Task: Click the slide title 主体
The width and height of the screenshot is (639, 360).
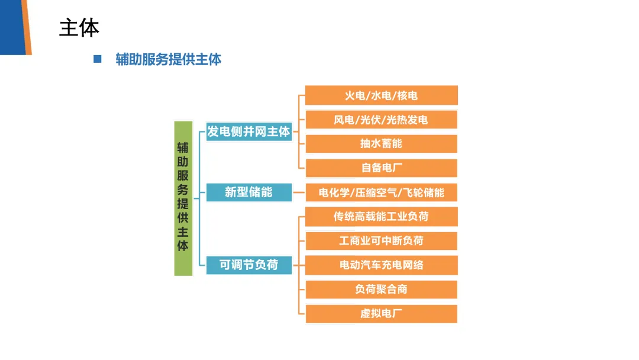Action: pos(79,28)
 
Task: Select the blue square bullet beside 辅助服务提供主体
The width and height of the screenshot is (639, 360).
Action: pos(98,59)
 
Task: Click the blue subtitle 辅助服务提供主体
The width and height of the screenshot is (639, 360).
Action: pos(169,59)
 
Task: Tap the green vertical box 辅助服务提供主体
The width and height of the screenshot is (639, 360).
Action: pos(183,198)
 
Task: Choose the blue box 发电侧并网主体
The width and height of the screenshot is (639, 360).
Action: pos(248,131)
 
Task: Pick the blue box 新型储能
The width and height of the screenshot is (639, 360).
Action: pos(248,192)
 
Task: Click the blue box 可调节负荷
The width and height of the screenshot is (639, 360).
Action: pos(248,265)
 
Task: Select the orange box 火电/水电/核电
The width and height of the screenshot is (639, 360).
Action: pos(381,95)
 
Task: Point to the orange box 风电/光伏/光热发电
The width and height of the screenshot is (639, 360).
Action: pos(381,120)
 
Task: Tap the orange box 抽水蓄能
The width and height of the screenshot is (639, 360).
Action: pos(381,144)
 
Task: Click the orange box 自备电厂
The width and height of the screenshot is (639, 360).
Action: pos(381,168)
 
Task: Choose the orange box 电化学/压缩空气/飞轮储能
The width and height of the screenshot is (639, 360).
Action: pos(381,192)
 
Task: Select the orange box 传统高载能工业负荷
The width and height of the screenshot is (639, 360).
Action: pos(381,217)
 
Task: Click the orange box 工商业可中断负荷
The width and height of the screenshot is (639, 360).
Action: pos(381,241)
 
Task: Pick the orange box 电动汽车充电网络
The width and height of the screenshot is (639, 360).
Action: pos(381,265)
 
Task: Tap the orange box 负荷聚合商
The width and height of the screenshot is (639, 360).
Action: pos(381,290)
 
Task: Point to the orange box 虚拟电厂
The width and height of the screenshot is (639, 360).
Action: pos(381,314)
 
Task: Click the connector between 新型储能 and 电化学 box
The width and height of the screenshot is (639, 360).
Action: pos(299,192)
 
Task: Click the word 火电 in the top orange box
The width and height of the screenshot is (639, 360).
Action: pos(355,95)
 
